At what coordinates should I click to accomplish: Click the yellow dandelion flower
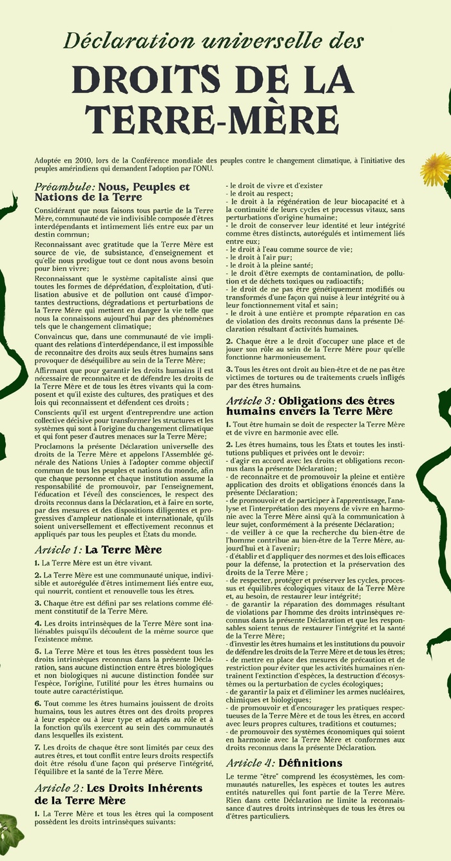click(436, 169)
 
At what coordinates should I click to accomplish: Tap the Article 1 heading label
click(58, 550)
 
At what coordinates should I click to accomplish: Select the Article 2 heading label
click(59, 788)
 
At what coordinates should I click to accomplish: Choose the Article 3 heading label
click(249, 401)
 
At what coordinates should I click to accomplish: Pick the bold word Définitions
click(310, 763)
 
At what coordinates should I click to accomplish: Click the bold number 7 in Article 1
click(37, 747)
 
